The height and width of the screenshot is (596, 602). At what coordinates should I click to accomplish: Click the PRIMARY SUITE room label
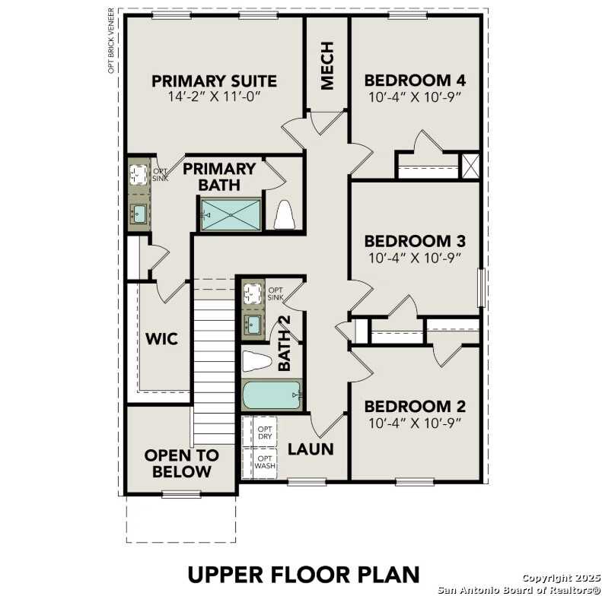(x=214, y=81)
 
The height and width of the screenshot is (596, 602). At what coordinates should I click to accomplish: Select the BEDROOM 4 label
(x=415, y=81)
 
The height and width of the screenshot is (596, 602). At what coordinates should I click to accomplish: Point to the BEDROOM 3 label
(x=415, y=242)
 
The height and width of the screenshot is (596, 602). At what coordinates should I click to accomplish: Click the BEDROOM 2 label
(x=415, y=406)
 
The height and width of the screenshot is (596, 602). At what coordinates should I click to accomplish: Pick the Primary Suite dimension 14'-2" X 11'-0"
(x=214, y=97)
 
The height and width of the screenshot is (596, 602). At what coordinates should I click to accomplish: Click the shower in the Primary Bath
(x=231, y=214)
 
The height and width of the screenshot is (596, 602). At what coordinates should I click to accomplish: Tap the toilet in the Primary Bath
(x=285, y=215)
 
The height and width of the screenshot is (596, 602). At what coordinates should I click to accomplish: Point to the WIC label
(x=161, y=338)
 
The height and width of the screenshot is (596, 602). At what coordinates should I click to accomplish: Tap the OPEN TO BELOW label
(x=181, y=464)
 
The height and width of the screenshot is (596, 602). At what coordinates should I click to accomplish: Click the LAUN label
(x=311, y=449)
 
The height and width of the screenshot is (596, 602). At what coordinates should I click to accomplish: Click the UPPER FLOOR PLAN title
(x=304, y=572)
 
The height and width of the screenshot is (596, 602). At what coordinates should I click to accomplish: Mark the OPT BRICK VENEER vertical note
(x=111, y=42)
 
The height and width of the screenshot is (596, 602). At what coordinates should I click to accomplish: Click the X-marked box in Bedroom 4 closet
(x=470, y=166)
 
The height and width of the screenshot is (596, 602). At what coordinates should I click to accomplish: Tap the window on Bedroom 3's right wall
(x=480, y=288)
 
